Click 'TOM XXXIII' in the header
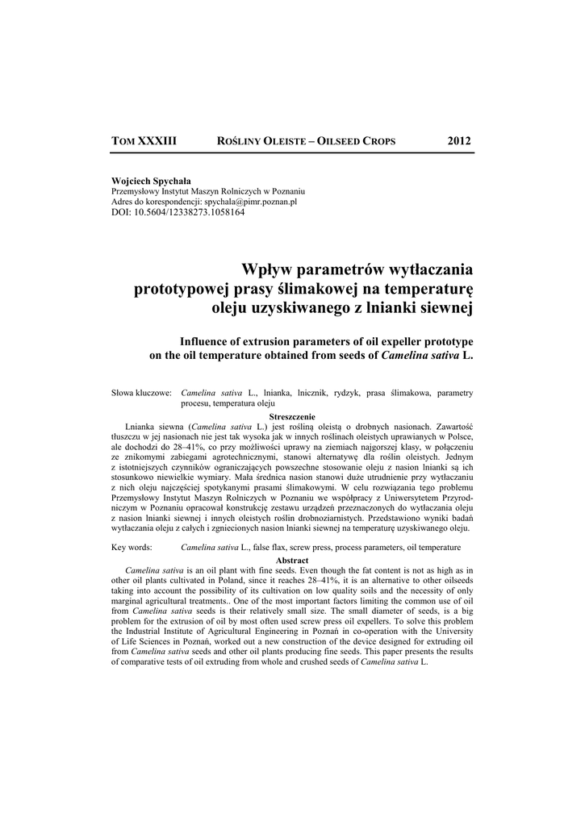(x=144, y=141)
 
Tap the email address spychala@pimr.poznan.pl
(x=252, y=202)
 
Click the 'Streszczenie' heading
(x=292, y=415)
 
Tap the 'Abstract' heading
(x=292, y=559)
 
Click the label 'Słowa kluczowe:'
(x=140, y=393)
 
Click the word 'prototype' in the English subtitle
(x=445, y=341)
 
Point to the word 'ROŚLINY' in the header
(x=245, y=142)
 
